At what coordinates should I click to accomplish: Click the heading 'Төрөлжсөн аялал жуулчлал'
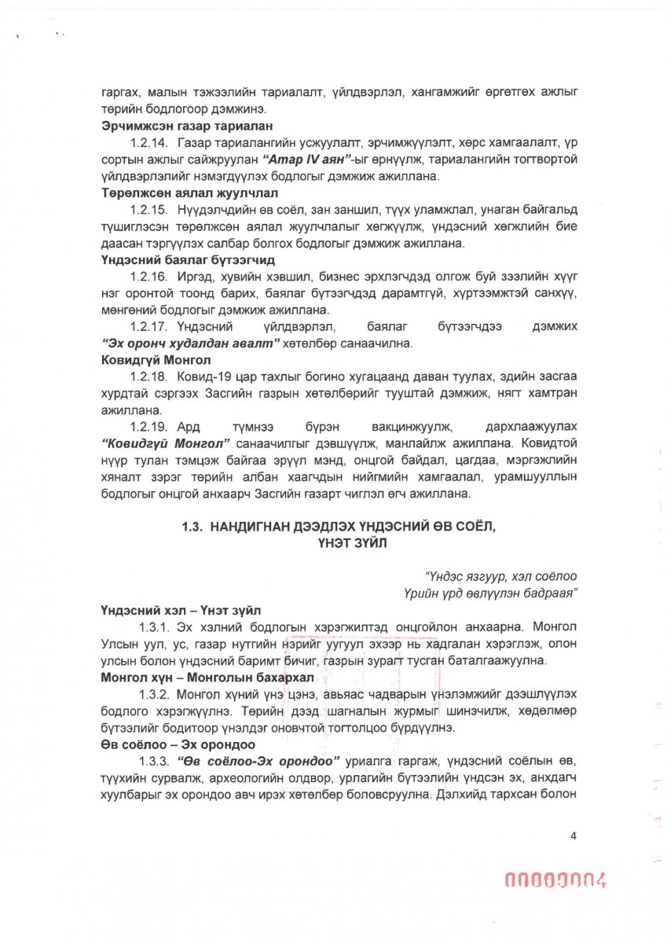(x=170, y=193)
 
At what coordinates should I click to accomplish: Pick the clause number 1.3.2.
(x=154, y=695)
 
